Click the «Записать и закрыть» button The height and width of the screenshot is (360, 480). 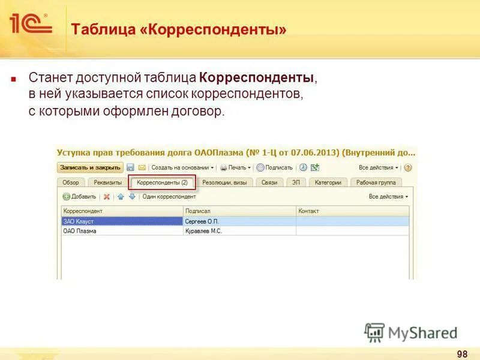[x=90, y=168]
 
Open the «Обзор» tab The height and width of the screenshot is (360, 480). [x=71, y=182]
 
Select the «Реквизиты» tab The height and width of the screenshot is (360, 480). [x=107, y=182]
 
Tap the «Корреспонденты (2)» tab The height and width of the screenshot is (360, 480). [x=162, y=182]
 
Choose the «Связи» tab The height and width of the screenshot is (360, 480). [x=269, y=182]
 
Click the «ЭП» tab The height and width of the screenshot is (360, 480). [x=296, y=182]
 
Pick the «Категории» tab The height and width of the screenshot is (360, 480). [x=328, y=182]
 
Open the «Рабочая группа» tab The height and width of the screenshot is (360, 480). [x=376, y=182]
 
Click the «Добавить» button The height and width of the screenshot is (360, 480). [x=79, y=197]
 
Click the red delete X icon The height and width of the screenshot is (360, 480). [x=107, y=197]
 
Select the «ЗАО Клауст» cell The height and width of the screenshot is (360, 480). [x=122, y=221]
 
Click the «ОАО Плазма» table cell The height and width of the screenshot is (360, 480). [x=122, y=230]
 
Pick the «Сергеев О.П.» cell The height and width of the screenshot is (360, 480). [x=239, y=221]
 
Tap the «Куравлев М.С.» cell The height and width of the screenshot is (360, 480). [x=239, y=230]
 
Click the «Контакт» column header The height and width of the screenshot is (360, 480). [x=352, y=211]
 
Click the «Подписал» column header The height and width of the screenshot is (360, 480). [x=239, y=211]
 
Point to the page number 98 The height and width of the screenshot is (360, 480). [x=462, y=353]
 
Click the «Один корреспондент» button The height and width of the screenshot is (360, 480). [x=169, y=197]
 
